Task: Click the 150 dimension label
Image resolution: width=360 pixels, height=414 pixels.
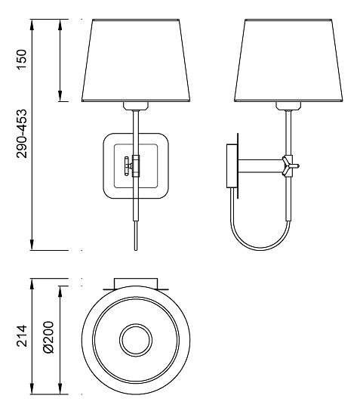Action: pyautogui.click(x=22, y=60)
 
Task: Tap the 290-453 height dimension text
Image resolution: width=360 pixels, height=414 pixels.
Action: pyautogui.click(x=22, y=133)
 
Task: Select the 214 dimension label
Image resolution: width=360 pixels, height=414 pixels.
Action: pyautogui.click(x=22, y=336)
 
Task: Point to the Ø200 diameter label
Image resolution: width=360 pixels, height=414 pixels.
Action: pyautogui.click(x=48, y=337)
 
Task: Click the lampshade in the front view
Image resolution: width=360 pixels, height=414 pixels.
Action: pyautogui.click(x=136, y=60)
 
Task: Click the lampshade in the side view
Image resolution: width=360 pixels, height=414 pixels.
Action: pyautogui.click(x=288, y=60)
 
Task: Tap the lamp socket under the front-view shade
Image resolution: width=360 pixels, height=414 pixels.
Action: pyautogui.click(x=136, y=106)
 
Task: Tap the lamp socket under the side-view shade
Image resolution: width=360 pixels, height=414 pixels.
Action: pyautogui.click(x=288, y=106)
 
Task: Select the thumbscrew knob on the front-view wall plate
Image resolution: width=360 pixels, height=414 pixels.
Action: pyautogui.click(x=128, y=166)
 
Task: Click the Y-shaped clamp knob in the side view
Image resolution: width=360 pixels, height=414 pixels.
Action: pyautogui.click(x=290, y=166)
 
